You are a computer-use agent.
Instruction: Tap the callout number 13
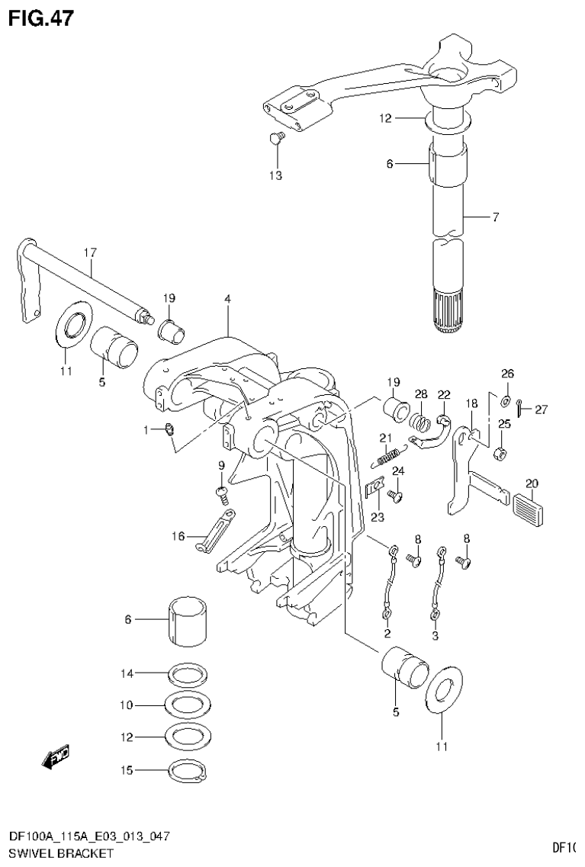275,176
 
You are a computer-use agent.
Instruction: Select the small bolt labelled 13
276,138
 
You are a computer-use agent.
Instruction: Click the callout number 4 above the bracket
227,300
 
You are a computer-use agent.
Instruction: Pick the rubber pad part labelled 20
535,506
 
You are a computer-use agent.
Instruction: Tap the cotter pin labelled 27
519,408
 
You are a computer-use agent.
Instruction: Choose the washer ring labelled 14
188,674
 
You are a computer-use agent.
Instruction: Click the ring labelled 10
188,706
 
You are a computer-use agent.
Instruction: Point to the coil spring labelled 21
387,457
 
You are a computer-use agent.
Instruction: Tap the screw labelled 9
223,493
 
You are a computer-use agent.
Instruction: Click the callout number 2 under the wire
387,634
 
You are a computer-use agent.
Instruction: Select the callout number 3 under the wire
436,634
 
